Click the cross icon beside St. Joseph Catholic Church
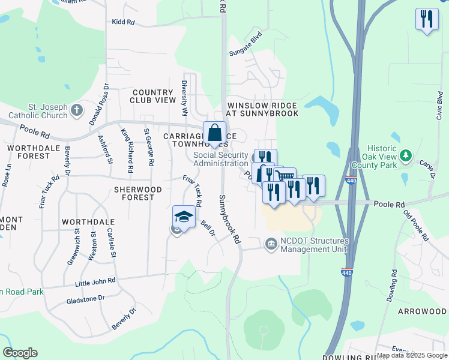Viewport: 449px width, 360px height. coord(76,110)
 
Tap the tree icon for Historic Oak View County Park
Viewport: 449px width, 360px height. coord(406,157)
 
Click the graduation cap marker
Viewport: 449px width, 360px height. coord(184,217)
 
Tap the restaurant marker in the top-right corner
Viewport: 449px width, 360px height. coord(427,19)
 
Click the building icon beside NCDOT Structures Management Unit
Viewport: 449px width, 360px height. coord(271,243)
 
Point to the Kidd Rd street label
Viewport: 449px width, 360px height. coord(123,22)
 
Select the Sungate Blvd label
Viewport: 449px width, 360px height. coord(246,44)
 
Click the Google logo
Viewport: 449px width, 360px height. coord(20,353)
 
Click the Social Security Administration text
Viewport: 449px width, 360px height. coord(221,159)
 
